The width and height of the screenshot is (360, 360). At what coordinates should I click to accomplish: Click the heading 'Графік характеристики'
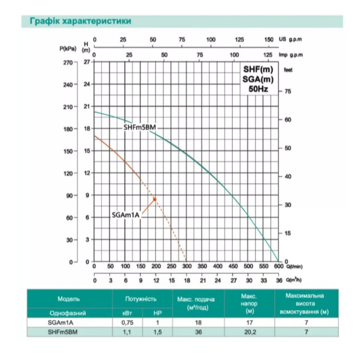click(x=81, y=21)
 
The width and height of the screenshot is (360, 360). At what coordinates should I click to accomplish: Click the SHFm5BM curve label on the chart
click(x=140, y=127)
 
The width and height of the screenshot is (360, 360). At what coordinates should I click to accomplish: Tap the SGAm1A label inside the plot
click(x=126, y=215)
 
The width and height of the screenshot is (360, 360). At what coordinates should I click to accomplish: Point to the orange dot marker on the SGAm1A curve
click(x=155, y=199)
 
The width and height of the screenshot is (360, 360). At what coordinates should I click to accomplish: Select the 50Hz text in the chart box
click(x=258, y=89)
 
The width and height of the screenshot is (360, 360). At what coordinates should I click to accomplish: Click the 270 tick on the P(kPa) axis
click(x=68, y=62)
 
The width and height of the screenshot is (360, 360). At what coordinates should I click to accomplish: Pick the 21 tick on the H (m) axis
click(x=87, y=107)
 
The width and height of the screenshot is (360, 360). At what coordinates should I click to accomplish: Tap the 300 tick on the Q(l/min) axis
click(x=187, y=266)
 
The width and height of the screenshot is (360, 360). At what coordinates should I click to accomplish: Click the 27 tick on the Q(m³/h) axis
click(x=233, y=280)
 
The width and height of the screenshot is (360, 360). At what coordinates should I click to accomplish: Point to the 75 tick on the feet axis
click(x=288, y=91)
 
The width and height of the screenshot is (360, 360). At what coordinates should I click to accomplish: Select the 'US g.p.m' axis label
click(x=291, y=39)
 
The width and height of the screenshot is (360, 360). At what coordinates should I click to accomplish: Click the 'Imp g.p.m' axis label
click(x=291, y=55)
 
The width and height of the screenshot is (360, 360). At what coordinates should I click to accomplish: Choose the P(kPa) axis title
click(x=68, y=49)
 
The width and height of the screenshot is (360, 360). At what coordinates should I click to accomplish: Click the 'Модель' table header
click(x=69, y=299)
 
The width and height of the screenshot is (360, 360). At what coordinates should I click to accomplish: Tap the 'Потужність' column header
click(x=141, y=299)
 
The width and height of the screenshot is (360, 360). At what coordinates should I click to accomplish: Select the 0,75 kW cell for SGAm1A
click(x=127, y=323)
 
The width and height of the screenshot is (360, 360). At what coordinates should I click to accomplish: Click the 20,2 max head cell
click(x=249, y=332)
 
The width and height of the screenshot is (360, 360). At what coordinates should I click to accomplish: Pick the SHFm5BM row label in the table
click(x=62, y=332)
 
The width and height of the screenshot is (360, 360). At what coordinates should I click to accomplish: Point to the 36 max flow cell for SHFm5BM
click(x=198, y=332)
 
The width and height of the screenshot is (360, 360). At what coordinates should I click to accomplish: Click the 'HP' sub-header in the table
click(x=158, y=313)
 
